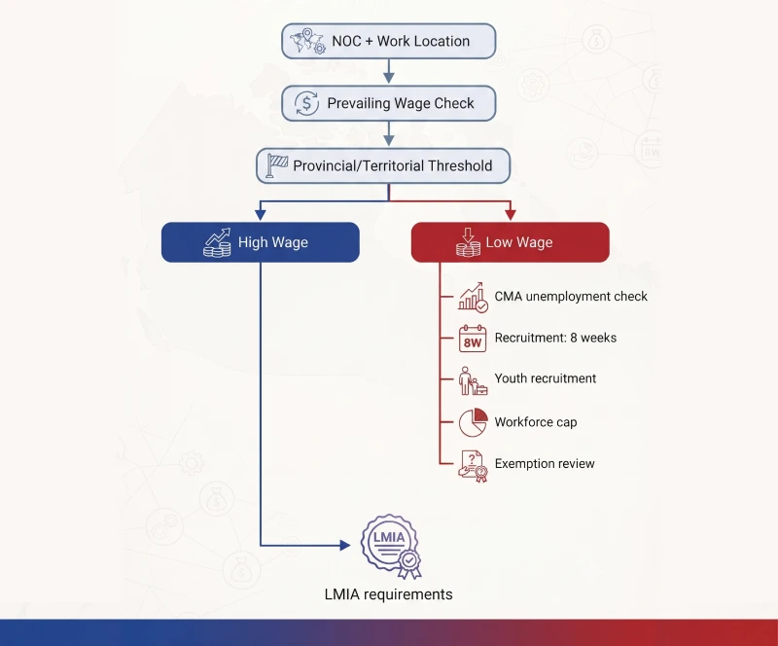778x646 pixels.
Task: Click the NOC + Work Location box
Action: click(x=388, y=41)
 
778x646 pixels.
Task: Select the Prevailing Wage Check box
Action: click(x=388, y=103)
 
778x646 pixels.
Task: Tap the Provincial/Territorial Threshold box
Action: click(x=383, y=165)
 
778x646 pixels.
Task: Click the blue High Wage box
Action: click(x=261, y=242)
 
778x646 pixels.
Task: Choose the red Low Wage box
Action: click(x=510, y=242)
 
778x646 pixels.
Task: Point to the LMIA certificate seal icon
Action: click(x=391, y=546)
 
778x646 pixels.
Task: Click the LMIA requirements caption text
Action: click(x=388, y=594)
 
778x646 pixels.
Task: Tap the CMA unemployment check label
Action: click(x=571, y=297)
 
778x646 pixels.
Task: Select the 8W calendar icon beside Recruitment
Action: click(x=473, y=339)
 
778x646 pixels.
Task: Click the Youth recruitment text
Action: click(x=546, y=378)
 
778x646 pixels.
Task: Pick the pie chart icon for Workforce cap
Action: click(x=473, y=422)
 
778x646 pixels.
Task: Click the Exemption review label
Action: click(x=545, y=464)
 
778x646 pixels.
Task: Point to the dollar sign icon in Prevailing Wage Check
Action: click(x=306, y=103)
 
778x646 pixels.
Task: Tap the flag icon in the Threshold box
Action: click(x=277, y=165)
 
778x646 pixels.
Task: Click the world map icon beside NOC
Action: click(x=307, y=41)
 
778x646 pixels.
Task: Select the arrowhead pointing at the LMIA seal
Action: click(x=345, y=545)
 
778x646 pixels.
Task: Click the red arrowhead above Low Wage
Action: click(x=510, y=214)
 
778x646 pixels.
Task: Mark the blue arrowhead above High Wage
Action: click(x=261, y=214)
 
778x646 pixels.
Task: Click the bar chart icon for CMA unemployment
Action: click(x=473, y=298)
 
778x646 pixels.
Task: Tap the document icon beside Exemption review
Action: click(x=473, y=466)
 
